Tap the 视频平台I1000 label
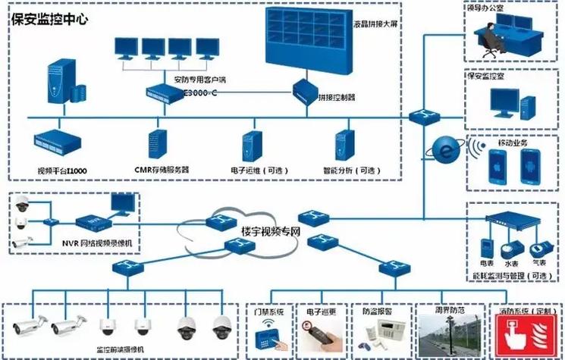click(62, 171)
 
